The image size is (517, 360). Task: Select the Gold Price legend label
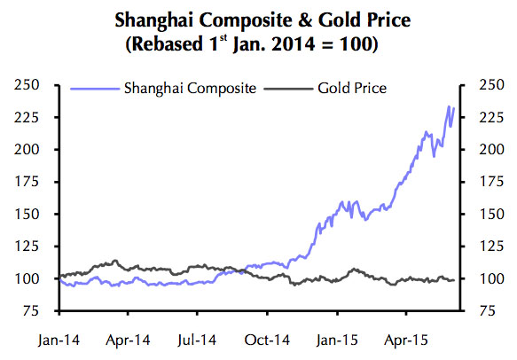354,88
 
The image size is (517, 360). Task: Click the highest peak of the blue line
450,107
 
